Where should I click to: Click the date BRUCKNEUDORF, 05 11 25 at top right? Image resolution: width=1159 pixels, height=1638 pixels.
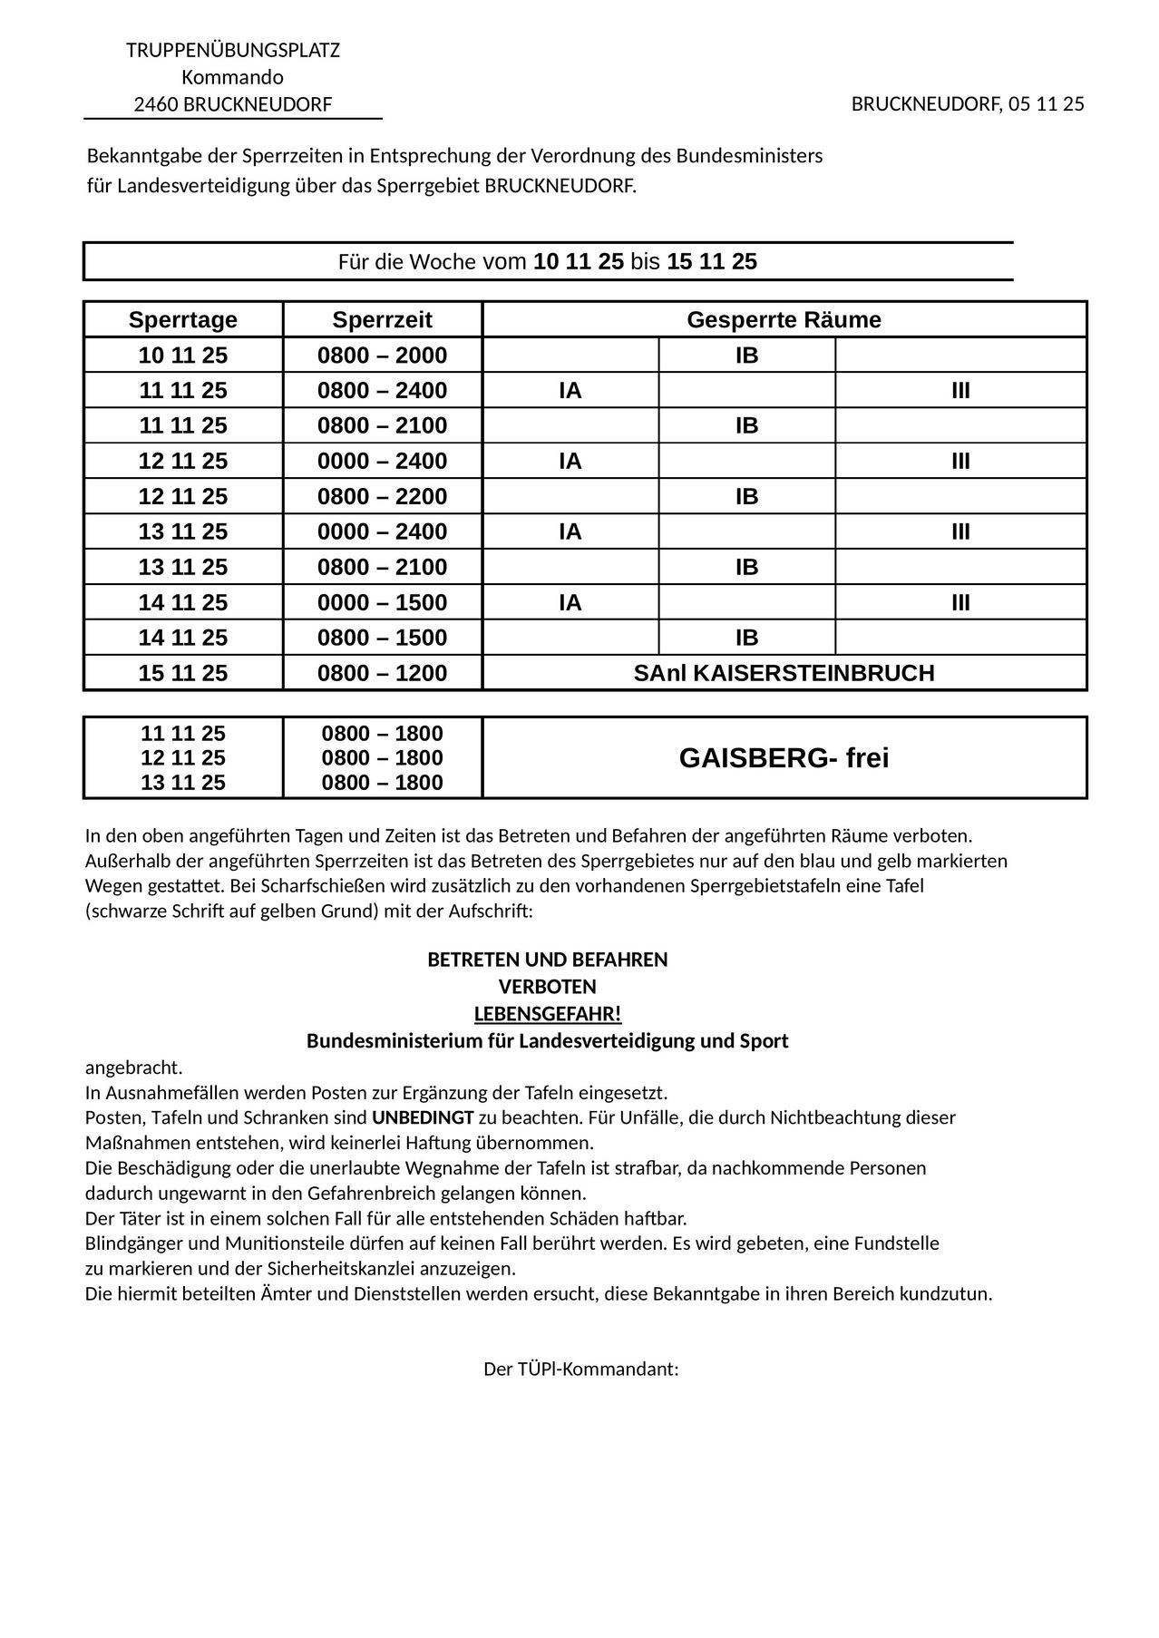[967, 104]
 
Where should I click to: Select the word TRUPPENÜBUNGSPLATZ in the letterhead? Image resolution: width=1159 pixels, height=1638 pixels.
[233, 51]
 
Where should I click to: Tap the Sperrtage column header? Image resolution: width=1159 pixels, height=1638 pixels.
[183, 320]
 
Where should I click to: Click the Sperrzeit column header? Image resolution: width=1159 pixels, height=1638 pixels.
[382, 320]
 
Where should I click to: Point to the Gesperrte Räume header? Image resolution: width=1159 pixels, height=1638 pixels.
[784, 320]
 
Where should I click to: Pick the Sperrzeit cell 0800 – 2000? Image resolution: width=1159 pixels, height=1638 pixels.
[382, 356]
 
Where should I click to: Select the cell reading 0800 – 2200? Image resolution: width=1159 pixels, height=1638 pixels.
[382, 497]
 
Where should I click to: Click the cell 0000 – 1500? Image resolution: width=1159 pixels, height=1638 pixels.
[382, 603]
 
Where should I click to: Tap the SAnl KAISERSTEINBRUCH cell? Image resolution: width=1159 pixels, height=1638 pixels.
[784, 673]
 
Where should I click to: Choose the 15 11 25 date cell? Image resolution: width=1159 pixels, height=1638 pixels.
[183, 673]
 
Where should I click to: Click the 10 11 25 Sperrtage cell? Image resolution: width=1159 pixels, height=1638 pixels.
[183, 356]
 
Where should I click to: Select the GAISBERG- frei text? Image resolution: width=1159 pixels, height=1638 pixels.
[784, 758]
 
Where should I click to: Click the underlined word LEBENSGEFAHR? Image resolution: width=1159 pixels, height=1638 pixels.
[548, 1013]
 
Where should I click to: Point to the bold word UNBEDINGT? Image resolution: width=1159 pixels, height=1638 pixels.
[423, 1117]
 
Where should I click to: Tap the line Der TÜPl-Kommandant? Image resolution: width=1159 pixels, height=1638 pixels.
[581, 1369]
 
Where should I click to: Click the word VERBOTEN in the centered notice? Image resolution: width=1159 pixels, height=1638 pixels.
[548, 987]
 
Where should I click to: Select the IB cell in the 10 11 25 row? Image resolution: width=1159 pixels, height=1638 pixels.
[746, 356]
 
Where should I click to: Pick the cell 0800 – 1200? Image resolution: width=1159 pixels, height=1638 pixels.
[382, 673]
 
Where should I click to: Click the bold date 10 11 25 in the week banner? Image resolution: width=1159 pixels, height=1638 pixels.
[579, 262]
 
